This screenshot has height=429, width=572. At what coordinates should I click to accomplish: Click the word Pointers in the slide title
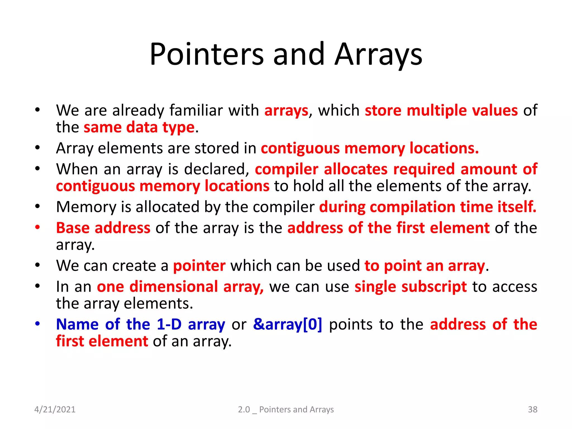point(207,54)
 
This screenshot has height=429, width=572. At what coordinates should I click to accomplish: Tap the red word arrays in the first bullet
point(286,110)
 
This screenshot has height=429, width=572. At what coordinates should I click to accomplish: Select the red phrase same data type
point(139,127)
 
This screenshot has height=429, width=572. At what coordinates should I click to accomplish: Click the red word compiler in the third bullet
point(286,169)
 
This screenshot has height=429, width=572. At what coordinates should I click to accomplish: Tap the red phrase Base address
point(103,228)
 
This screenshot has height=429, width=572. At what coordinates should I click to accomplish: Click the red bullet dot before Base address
point(37,227)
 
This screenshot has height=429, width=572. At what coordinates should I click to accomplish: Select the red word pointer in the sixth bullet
point(199,266)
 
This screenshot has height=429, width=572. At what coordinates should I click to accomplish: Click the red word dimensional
point(173,287)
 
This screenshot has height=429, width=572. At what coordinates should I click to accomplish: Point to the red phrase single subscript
point(411,287)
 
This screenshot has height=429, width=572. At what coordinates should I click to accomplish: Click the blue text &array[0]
point(288,325)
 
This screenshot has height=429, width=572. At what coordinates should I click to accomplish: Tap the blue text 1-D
point(169,325)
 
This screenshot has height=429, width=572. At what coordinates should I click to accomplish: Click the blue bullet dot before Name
point(37,324)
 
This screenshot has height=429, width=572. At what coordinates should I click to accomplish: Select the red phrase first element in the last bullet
point(102,342)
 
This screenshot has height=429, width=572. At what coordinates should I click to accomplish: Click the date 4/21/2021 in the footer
point(55,409)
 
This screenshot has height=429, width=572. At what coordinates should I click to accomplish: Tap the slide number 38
point(533,409)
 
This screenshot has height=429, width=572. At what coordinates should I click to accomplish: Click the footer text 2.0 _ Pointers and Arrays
point(286,409)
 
